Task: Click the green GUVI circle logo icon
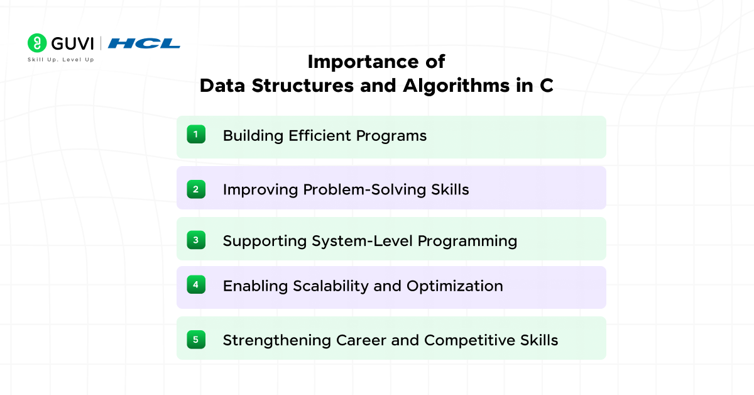37,43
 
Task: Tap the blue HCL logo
144,43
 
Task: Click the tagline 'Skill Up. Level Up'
60,60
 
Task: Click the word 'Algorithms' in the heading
456,86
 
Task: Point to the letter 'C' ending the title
547,86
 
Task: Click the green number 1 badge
196,134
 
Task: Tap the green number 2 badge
196,189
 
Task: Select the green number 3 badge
196,240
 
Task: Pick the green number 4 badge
196,284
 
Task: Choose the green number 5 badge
196,340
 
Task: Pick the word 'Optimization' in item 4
455,286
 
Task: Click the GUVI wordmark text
72,43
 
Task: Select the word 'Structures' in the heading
303,86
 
